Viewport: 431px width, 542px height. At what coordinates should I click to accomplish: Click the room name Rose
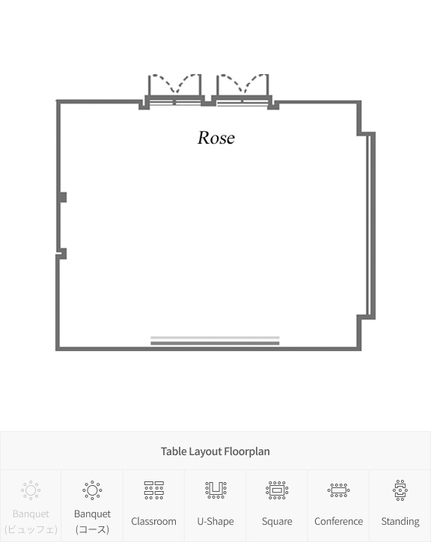[x=216, y=138]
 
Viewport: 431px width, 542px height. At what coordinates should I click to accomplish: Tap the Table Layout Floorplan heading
[x=215, y=451]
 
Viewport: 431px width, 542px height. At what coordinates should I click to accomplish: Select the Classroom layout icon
[x=154, y=490]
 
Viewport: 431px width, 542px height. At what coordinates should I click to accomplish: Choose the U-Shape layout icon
[x=215, y=490]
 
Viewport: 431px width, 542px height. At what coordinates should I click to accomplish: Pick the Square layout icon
[x=277, y=490]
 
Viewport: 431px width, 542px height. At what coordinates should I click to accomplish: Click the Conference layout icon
[x=338, y=490]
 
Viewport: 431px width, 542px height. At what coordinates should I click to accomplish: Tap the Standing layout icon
[x=400, y=490]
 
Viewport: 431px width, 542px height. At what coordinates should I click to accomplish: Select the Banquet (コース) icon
[x=92, y=490]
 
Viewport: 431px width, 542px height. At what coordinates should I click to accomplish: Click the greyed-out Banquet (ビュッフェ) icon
[x=31, y=490]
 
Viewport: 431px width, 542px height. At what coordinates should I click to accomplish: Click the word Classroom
[x=154, y=521]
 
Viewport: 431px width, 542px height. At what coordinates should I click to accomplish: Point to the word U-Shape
[x=215, y=521]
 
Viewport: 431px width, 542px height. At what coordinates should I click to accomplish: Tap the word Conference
[x=339, y=521]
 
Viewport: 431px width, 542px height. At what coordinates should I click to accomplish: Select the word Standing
[x=400, y=521]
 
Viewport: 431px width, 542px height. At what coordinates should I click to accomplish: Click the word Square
[x=277, y=521]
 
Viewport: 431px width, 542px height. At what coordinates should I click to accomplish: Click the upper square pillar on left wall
[x=63, y=198]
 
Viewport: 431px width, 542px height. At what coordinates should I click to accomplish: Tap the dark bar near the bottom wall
[x=215, y=344]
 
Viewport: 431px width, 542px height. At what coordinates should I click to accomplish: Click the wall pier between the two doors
[x=209, y=100]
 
